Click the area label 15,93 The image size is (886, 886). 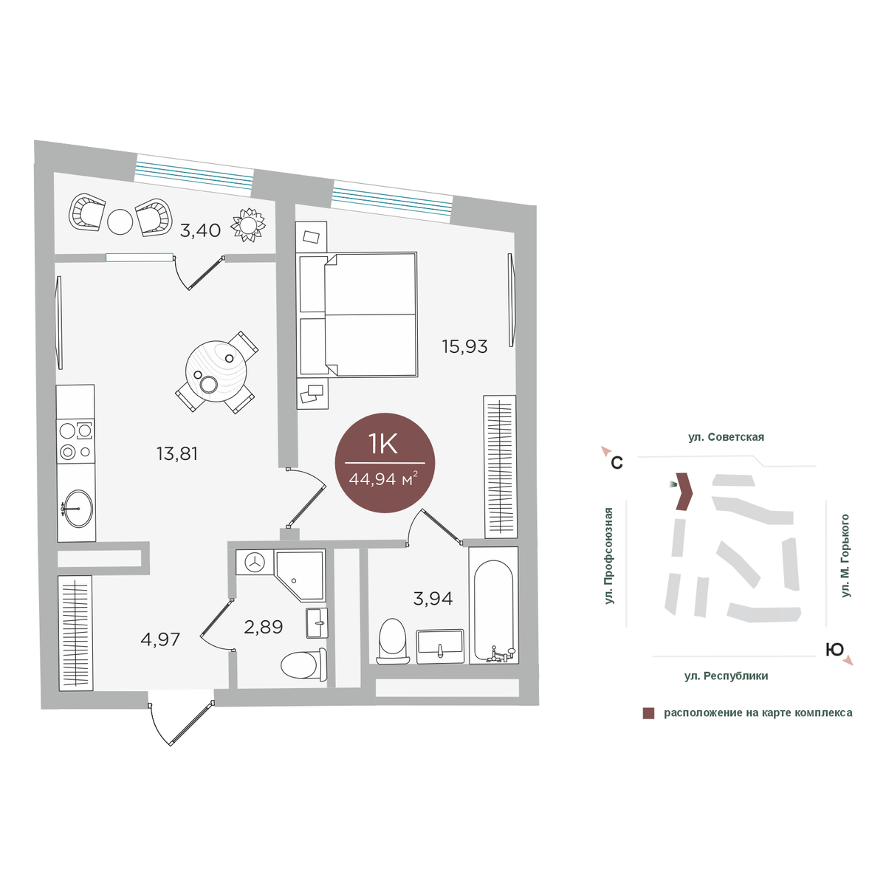[x=464, y=347]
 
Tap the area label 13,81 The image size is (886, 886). [x=177, y=454]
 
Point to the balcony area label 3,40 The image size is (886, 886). [x=200, y=230]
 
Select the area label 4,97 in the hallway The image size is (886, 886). [x=160, y=639]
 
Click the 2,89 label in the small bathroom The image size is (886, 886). [x=263, y=627]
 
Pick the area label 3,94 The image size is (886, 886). [x=433, y=599]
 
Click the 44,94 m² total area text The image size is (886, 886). [x=383, y=479]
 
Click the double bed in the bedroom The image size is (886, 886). [x=357, y=315]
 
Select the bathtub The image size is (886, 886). [x=493, y=605]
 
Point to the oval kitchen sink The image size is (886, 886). [x=78, y=508]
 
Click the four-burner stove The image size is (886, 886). [x=76, y=442]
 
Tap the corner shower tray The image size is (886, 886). [x=300, y=575]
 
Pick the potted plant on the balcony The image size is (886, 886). [x=249, y=225]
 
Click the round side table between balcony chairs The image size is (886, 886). [x=120, y=221]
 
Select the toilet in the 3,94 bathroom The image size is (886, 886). [x=393, y=642]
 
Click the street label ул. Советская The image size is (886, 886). [x=726, y=437]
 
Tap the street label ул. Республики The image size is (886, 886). [x=726, y=676]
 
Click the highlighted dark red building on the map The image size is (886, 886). [x=684, y=492]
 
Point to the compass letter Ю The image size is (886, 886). [x=834, y=650]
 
